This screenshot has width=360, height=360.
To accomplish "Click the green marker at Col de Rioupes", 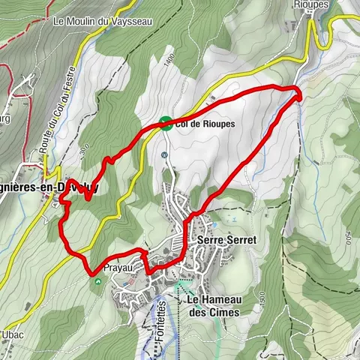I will tap(165, 124).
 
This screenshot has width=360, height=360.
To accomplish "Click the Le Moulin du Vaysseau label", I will tap(103, 21).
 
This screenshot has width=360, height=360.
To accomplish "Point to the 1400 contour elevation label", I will tap(171, 59).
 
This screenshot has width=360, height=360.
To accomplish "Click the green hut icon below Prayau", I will tap(99, 282).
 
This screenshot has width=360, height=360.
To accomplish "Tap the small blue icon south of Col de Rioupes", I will tap(163, 154).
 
